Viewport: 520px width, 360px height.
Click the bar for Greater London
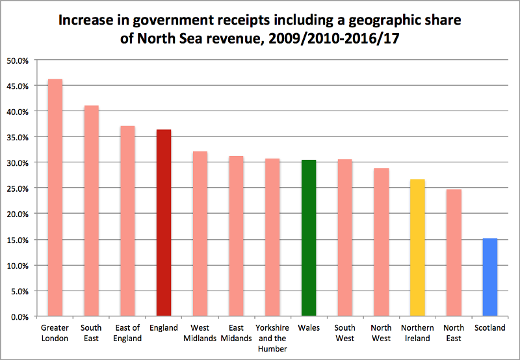coord(55,198)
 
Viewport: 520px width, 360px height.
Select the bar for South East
coord(91,211)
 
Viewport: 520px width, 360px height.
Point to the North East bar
coord(454,253)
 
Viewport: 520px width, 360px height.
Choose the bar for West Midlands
coord(200,234)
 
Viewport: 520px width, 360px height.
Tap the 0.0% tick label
coord(20,316)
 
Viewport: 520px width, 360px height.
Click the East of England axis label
coord(127,333)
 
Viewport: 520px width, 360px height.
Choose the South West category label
coord(345,333)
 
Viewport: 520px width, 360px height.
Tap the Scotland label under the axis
coord(490,328)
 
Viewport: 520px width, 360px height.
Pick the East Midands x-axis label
coord(236,333)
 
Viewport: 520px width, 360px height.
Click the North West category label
coord(382,333)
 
